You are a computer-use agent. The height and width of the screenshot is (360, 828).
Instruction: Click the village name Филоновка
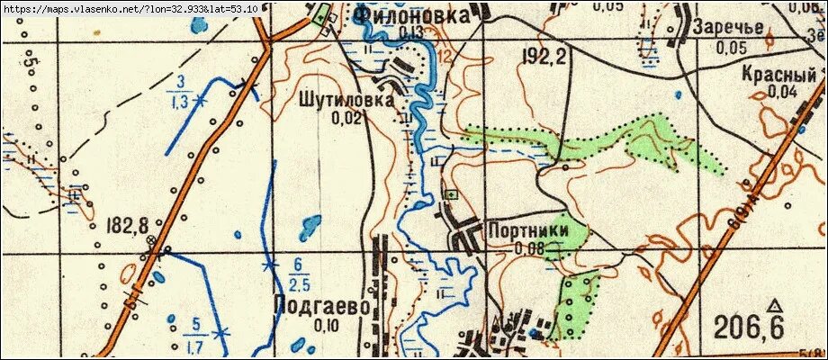point(411,15)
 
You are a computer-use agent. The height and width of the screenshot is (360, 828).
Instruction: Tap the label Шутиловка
point(344,102)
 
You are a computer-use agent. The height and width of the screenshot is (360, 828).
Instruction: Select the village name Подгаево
point(321,307)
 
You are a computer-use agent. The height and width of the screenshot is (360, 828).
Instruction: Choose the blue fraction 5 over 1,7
point(193,331)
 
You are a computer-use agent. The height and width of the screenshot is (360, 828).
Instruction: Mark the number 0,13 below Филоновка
point(411,33)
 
